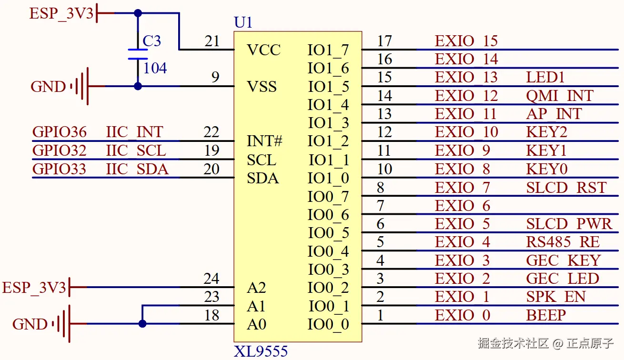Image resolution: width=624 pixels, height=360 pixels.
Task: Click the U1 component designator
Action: click(x=243, y=22)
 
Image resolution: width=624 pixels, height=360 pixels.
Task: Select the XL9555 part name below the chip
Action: click(x=261, y=351)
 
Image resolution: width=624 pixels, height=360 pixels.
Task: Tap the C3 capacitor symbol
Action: click(x=138, y=54)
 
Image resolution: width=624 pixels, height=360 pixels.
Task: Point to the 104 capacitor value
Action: click(x=155, y=68)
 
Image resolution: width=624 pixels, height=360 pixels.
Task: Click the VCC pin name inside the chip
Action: click(x=263, y=50)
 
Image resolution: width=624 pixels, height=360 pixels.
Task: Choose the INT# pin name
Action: click(x=265, y=141)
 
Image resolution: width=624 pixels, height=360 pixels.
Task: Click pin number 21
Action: click(x=212, y=41)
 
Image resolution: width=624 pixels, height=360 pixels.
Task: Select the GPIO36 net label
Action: click(x=60, y=132)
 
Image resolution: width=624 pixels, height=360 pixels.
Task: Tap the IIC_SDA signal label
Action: click(x=137, y=169)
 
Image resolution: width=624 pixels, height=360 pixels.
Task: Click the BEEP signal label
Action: click(x=546, y=315)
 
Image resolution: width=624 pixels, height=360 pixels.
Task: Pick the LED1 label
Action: click(x=545, y=77)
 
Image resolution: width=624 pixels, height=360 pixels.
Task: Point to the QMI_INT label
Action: click(x=560, y=96)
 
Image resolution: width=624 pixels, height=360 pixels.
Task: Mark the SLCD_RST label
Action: click(x=566, y=187)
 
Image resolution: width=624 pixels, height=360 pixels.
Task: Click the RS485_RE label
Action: click(x=563, y=242)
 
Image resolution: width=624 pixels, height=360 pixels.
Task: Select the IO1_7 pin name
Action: click(x=328, y=50)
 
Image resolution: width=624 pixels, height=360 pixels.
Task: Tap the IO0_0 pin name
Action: click(x=328, y=324)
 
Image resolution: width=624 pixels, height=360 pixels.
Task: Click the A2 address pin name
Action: click(x=256, y=288)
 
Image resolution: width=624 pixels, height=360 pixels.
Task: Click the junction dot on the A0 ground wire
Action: click(x=142, y=324)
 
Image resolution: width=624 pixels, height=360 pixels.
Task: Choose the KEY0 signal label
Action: click(x=546, y=169)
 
